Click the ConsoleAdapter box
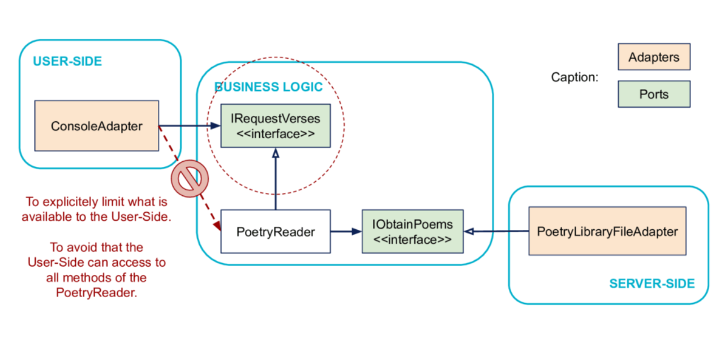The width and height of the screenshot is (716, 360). point(96,126)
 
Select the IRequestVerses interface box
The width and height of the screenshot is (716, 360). point(275,126)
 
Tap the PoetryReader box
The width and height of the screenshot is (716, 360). point(275,232)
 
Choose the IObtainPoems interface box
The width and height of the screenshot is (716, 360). point(413,232)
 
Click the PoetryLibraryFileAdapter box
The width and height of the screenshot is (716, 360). point(607,231)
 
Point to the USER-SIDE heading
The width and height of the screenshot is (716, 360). point(67,62)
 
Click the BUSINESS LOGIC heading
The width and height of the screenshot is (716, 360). point(268,87)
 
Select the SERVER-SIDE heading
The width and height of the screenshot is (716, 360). point(651,284)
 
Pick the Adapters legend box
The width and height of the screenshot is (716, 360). point(654,57)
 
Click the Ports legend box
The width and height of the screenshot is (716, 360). point(654,94)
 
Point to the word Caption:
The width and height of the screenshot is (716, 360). point(574,77)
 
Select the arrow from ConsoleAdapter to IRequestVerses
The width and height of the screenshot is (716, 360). point(189,126)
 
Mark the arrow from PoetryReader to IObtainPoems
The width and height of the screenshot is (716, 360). point(346,231)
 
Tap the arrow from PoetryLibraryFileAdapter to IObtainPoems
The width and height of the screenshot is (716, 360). point(496,231)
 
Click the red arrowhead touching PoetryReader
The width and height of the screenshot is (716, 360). point(217,226)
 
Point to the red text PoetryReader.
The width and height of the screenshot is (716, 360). point(96,293)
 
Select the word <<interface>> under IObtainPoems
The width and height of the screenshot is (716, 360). point(413,239)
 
